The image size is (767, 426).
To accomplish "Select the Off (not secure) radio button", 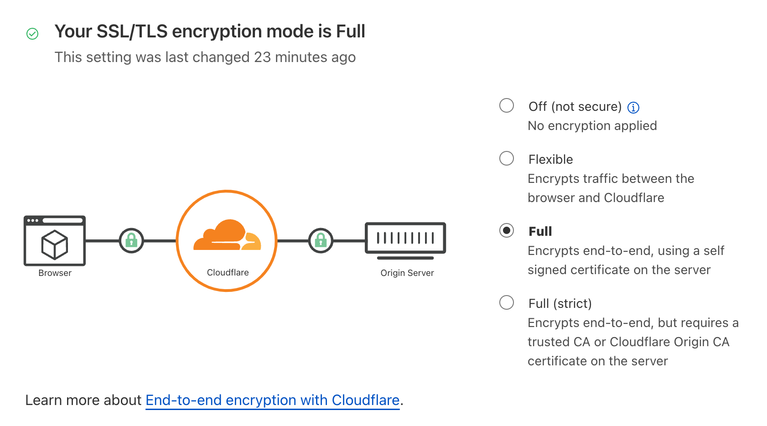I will pyautogui.click(x=506, y=105).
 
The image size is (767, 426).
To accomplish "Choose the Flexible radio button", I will pyautogui.click(x=506, y=158).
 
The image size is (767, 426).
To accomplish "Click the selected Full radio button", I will pyautogui.click(x=506, y=230).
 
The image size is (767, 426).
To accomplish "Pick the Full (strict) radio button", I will pyautogui.click(x=506, y=302).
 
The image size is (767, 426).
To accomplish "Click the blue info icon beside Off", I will pyautogui.click(x=633, y=107).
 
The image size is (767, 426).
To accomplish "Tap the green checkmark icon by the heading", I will pyautogui.click(x=32, y=34).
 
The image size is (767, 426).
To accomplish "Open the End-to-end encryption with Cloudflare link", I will pyautogui.click(x=272, y=400).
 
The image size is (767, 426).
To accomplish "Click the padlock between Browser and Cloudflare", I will pyautogui.click(x=131, y=240).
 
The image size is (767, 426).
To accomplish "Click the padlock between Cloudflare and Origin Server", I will pyautogui.click(x=321, y=240).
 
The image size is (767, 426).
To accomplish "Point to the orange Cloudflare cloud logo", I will pyautogui.click(x=227, y=236).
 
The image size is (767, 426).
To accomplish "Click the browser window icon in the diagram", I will pyautogui.click(x=55, y=240).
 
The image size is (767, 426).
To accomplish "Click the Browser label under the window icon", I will pyautogui.click(x=55, y=273).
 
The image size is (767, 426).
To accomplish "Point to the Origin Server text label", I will pyautogui.click(x=407, y=273).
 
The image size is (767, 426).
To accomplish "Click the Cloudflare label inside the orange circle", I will pyautogui.click(x=228, y=272).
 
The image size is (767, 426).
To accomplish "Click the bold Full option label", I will pyautogui.click(x=540, y=231).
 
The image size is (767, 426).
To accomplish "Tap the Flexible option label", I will pyautogui.click(x=550, y=159).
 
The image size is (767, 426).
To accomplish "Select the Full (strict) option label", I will pyautogui.click(x=560, y=303).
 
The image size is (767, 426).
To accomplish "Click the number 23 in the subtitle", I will pyautogui.click(x=262, y=57).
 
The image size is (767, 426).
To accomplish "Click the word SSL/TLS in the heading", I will pyautogui.click(x=132, y=31).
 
